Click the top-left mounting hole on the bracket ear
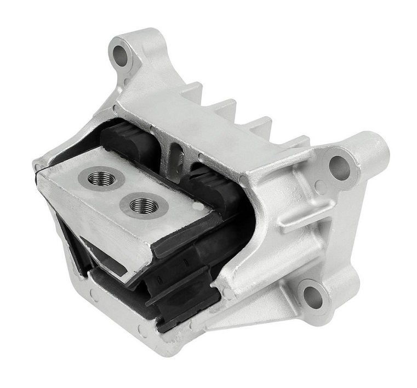pyautogui.click(x=121, y=54)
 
